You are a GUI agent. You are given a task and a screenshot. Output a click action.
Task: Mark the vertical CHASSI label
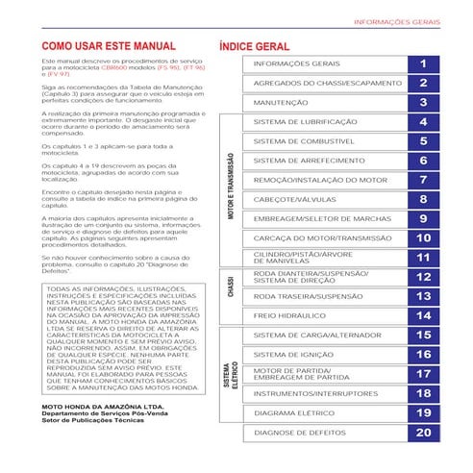pos(230,286)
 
